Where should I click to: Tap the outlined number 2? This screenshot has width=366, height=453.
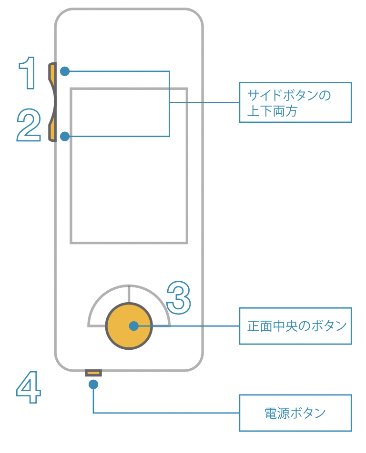[x=29, y=125]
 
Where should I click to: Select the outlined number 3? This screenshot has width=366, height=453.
[x=179, y=297]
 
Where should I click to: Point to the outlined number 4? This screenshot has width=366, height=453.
[x=29, y=387]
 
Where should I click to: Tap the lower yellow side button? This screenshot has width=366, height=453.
[x=52, y=131]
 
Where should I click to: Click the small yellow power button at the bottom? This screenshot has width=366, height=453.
[x=93, y=373]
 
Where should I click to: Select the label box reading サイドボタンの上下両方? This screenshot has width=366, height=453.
[x=295, y=102]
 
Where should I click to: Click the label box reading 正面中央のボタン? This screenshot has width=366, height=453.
[x=295, y=326]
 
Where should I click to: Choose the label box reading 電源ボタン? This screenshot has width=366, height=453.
[x=295, y=413]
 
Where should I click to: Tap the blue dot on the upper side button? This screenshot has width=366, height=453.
[x=65, y=71]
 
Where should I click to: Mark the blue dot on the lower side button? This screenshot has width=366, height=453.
[x=65, y=137]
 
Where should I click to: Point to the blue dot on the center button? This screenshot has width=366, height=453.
[x=133, y=326]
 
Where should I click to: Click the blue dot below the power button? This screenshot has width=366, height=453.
[x=93, y=384]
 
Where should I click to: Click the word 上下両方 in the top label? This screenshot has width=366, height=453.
[x=272, y=110]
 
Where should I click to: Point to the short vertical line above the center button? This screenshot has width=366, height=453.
[x=129, y=294]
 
